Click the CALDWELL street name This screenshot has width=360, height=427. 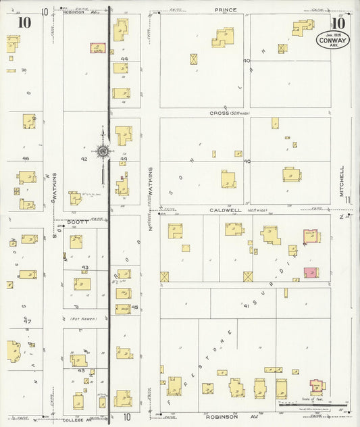pyautogui.click(x=225, y=210)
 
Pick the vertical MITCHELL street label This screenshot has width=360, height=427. pyautogui.click(x=342, y=181)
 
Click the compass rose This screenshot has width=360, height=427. pyautogui.click(x=103, y=152)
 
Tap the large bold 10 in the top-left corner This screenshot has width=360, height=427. pyautogui.click(x=25, y=22)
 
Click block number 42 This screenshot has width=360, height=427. pyautogui.click(x=84, y=159)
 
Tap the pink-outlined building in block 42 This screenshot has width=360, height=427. pyautogui.click(x=98, y=49)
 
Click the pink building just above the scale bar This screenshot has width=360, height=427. pyautogui.click(x=317, y=387)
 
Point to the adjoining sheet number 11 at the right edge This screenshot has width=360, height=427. pyautogui.click(x=346, y=200)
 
